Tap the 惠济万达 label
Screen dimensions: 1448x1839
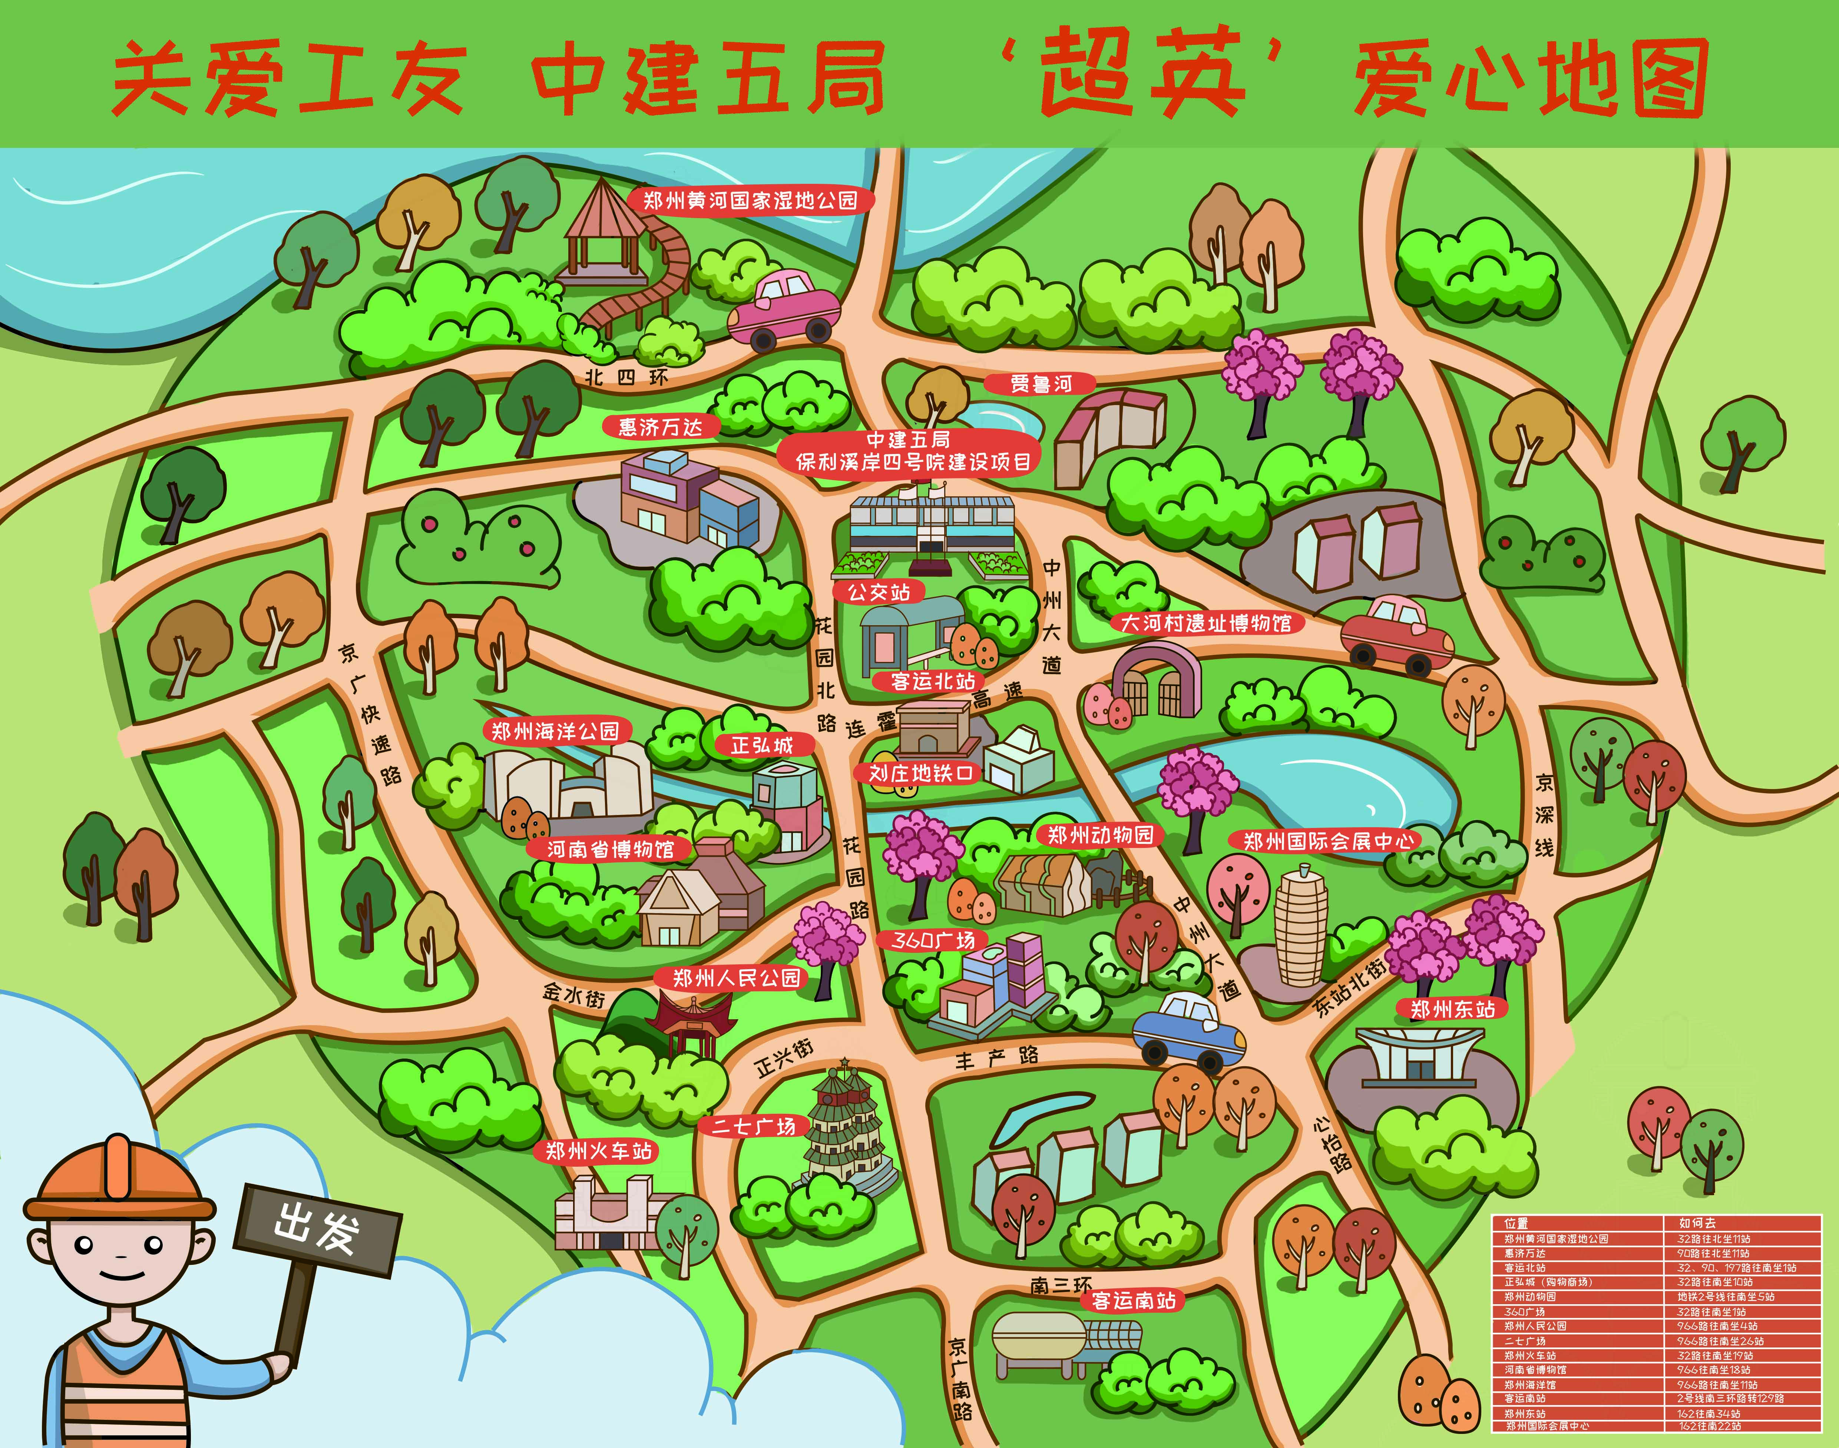coord(661,427)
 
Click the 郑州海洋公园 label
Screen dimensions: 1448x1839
coord(555,731)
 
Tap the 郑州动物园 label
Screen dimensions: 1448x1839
coord(1100,835)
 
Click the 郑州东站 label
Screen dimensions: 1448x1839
coord(1452,1009)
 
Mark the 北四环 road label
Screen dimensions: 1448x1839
coord(626,377)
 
